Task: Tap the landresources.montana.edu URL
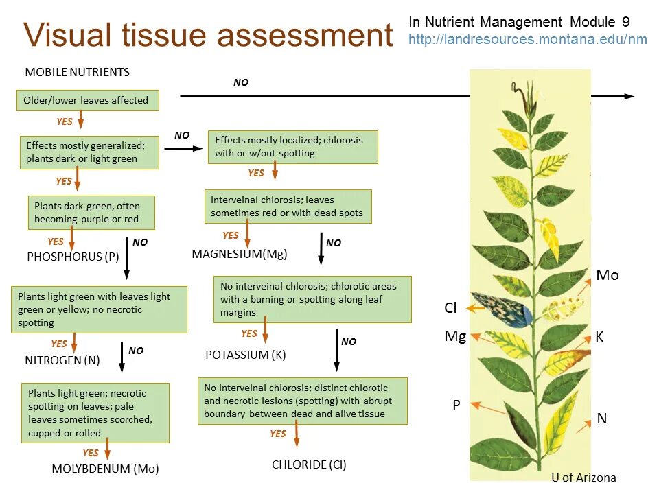[527, 39]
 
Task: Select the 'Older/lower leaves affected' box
[87, 100]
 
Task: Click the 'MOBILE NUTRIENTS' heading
[77, 72]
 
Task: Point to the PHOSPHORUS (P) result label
[73, 257]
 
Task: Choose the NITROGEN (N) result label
[62, 360]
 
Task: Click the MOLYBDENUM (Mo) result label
[105, 469]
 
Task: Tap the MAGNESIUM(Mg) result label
[240, 254]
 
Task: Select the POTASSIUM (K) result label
[245, 355]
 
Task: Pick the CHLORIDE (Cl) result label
[309, 464]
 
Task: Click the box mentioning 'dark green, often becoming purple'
[91, 213]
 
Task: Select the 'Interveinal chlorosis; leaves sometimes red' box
[288, 207]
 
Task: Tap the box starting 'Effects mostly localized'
[292, 146]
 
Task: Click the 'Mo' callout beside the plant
[607, 275]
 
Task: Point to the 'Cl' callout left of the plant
[450, 308]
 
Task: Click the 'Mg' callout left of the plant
[455, 336]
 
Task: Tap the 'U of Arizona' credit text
[583, 478]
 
